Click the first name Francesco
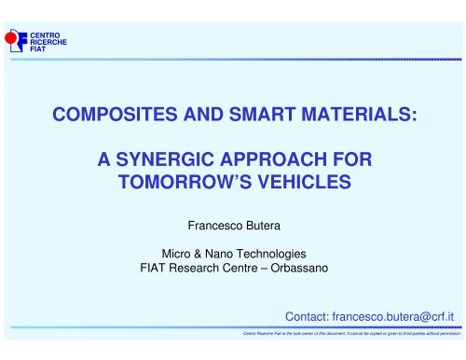(211, 225)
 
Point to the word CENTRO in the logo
(42, 35)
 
